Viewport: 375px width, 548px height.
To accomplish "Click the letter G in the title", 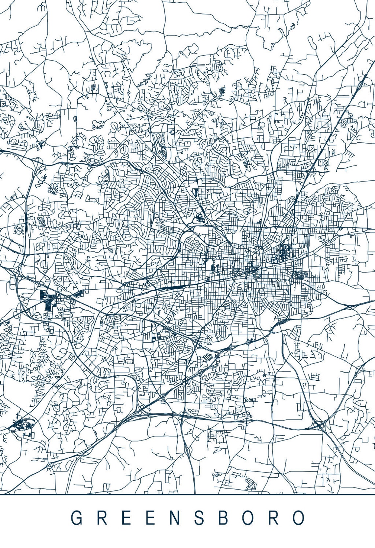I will (x=77, y=518).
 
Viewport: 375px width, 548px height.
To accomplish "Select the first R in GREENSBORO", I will (x=102, y=518).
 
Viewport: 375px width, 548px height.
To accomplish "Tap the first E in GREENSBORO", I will (x=126, y=518).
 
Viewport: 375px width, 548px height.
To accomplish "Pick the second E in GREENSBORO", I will (x=151, y=518).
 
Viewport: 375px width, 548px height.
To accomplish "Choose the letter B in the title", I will (x=225, y=518).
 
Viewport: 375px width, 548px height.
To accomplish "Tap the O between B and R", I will (x=249, y=518).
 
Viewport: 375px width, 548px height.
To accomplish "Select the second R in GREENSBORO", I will (x=274, y=518).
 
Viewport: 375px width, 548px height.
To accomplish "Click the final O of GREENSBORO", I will (x=298, y=518).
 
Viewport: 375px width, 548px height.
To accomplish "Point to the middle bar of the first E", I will (x=126, y=517).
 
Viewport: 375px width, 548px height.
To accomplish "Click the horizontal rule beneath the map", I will (x=187, y=494).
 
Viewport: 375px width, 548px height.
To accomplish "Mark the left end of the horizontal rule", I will (x=1, y=494).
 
